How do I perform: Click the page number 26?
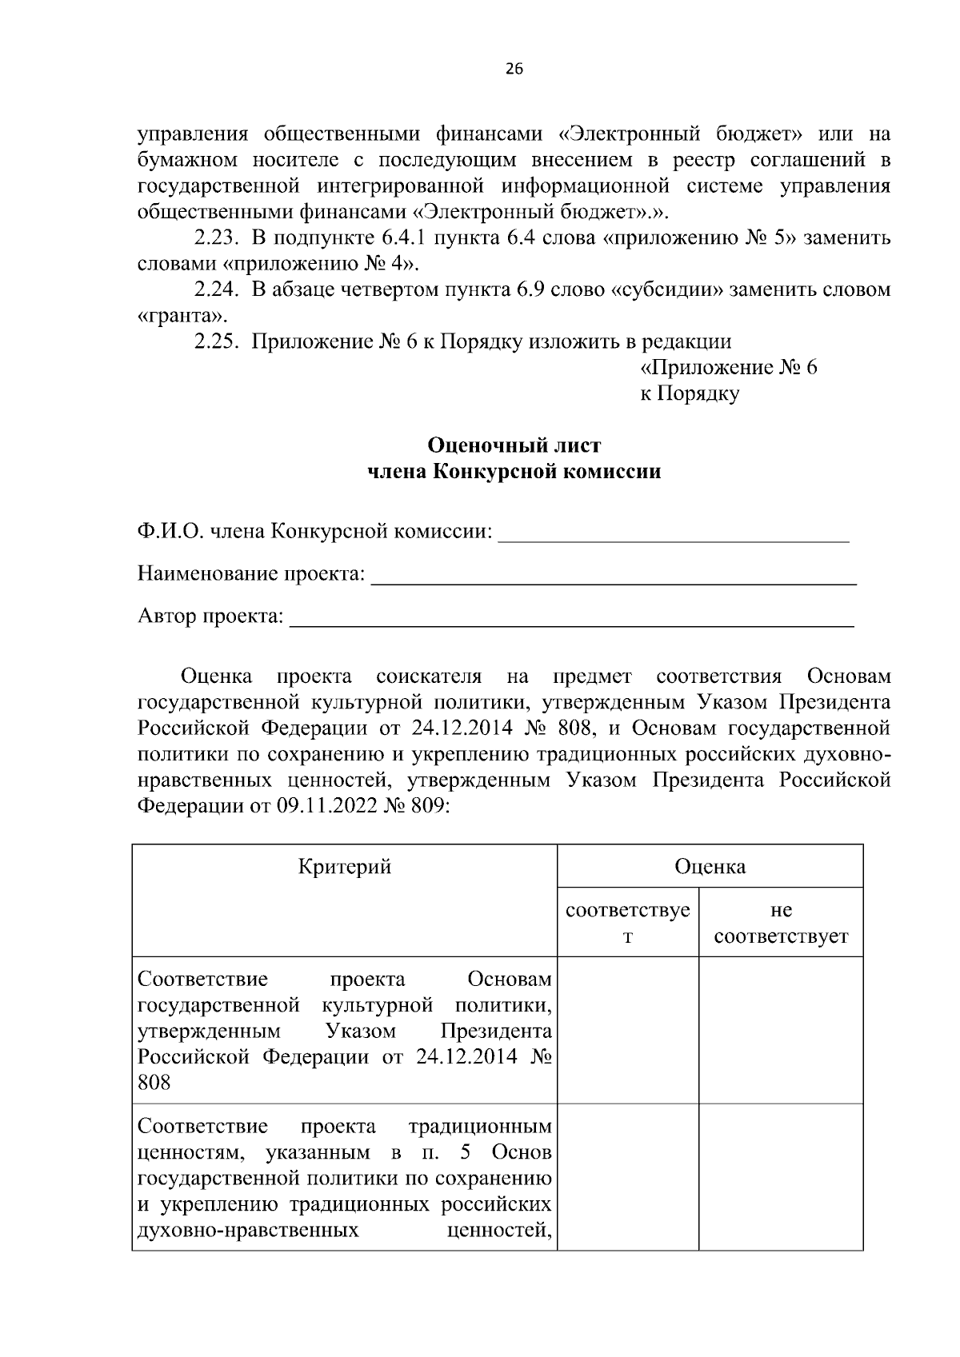click(514, 70)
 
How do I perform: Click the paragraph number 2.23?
click(217, 238)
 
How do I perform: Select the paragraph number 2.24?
click(217, 289)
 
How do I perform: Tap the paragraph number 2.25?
click(217, 341)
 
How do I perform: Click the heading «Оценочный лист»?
click(514, 445)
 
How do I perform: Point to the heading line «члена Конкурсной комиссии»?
click(514, 472)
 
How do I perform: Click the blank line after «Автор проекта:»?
click(571, 621)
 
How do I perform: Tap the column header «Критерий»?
click(345, 867)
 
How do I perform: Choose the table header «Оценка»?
click(710, 867)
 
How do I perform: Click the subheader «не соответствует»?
click(781, 924)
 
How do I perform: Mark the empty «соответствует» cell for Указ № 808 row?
click(628, 1030)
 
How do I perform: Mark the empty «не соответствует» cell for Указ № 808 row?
click(781, 1030)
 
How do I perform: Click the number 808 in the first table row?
click(154, 1083)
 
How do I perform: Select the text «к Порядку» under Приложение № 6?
click(690, 393)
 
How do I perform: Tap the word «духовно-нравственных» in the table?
click(248, 1230)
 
